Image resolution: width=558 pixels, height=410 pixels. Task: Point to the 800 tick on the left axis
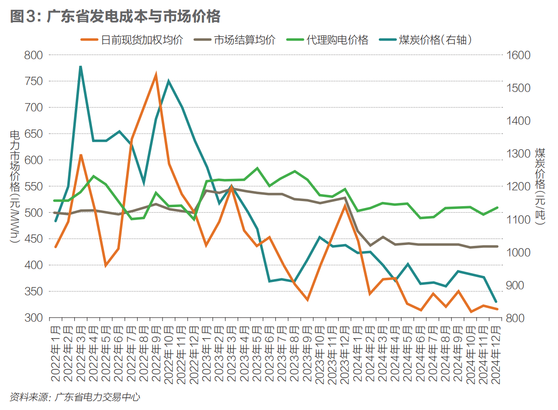[33, 55]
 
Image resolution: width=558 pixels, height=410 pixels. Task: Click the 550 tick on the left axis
[33, 186]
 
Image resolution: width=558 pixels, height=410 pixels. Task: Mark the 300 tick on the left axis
[33, 318]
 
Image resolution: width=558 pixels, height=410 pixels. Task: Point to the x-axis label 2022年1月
[55, 354]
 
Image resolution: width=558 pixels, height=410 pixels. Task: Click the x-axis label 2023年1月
[206, 354]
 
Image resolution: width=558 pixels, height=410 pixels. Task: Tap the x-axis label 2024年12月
[497, 354]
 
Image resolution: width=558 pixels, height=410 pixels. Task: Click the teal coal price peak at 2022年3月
[80, 67]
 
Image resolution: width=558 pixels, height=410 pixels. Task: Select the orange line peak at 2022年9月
[156, 74]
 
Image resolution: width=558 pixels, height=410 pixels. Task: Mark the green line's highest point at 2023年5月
[257, 168]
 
